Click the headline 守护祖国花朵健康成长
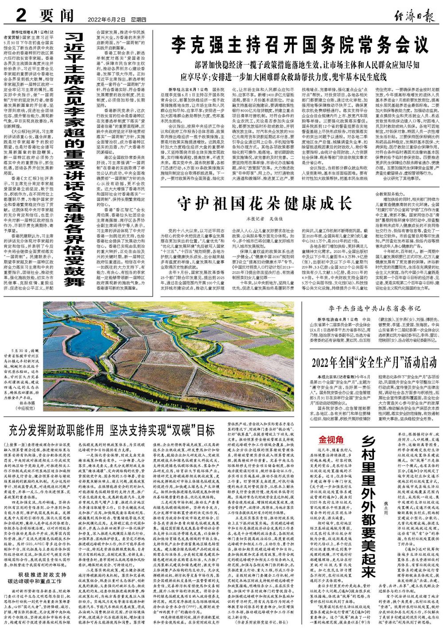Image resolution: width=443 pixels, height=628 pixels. [x=260, y=204]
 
